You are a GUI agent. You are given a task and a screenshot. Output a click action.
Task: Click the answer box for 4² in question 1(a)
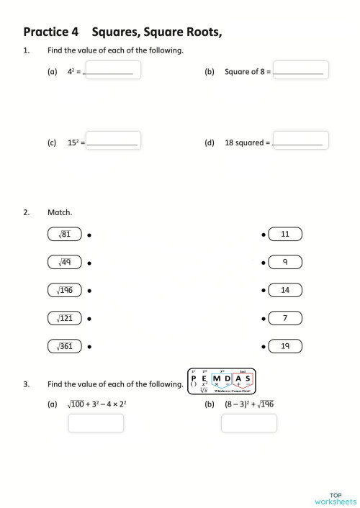click(112, 70)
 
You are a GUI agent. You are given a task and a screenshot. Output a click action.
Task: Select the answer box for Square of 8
click(300, 70)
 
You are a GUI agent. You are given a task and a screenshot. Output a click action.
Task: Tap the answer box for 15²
click(112, 140)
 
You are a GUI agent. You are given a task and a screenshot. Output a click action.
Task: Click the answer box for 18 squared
click(300, 140)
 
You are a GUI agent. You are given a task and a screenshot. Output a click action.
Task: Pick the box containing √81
click(65, 235)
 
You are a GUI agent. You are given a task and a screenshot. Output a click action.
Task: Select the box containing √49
click(65, 263)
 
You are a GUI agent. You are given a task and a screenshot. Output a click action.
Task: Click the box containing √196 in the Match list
click(65, 291)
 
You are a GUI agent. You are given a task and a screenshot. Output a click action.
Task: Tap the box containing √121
click(65, 318)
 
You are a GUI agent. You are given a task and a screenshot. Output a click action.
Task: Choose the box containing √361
click(65, 346)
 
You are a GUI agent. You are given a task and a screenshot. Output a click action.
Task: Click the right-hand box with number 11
click(285, 235)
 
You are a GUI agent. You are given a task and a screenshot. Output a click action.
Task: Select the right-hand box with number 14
click(285, 291)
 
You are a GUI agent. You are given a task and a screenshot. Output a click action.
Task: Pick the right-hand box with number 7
click(285, 318)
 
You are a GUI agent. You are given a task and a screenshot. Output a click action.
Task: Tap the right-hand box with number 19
click(285, 346)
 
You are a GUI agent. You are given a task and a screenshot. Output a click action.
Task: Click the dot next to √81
click(89, 235)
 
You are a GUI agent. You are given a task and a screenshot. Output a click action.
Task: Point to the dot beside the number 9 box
click(264, 263)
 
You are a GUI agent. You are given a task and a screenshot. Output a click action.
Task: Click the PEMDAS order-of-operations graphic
click(221, 381)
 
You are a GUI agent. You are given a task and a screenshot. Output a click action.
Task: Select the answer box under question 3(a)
click(96, 423)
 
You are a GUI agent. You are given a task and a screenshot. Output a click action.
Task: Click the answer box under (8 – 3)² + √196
click(248, 423)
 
